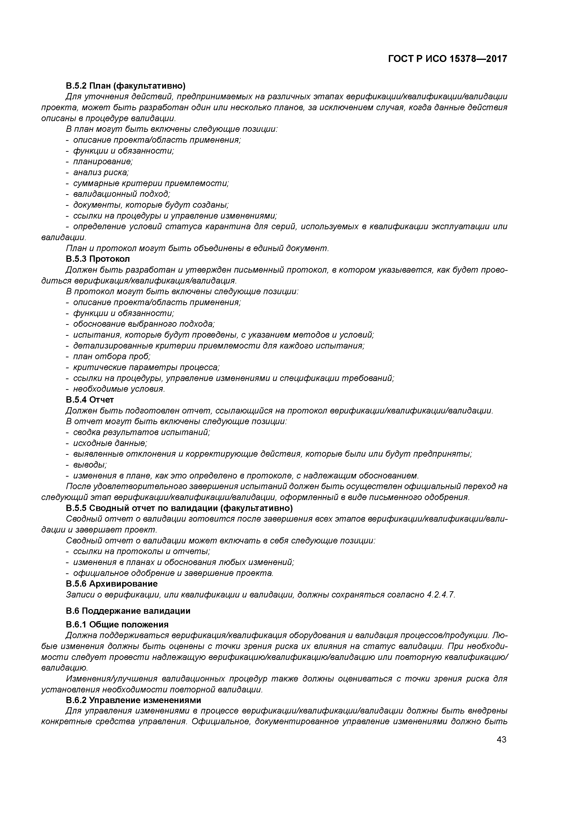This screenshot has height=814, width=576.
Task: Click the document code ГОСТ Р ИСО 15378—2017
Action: pyautogui.click(x=448, y=59)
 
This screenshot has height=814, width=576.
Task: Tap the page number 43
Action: pyautogui.click(x=501, y=740)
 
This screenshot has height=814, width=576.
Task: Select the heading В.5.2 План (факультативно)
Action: pyautogui.click(x=126, y=86)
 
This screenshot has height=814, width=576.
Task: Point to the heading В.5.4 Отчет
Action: pyautogui.click(x=90, y=400)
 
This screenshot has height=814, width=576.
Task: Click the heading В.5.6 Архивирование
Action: pyautogui.click(x=112, y=584)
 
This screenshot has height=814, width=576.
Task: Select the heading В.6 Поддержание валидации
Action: pyautogui.click(x=128, y=611)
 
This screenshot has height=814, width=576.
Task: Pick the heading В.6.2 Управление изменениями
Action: pyautogui.click(x=134, y=700)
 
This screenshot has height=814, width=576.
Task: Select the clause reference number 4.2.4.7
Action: pyautogui.click(x=439, y=594)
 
